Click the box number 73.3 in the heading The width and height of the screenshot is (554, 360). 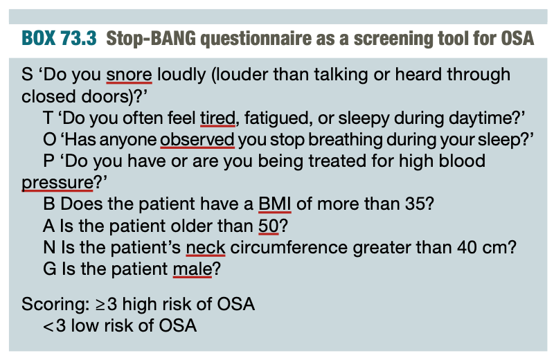point(78,38)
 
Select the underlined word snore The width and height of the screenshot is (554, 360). point(129,75)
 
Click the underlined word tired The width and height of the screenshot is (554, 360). point(217,118)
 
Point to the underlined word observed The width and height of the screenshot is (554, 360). point(197,140)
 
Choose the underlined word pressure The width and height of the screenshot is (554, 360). point(57,183)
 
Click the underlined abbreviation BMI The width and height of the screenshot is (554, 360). point(274,204)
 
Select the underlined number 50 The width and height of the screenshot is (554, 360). point(269,226)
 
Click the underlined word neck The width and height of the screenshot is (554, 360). point(206,248)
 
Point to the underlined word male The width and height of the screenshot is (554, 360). point(193,269)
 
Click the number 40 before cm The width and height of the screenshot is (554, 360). point(467,248)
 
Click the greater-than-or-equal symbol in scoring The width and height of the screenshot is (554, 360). point(100,305)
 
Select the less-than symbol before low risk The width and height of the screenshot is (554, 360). point(48,326)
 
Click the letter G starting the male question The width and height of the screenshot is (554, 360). point(50,269)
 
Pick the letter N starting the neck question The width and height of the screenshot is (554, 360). point(49,248)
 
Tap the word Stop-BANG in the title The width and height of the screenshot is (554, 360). point(151,39)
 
